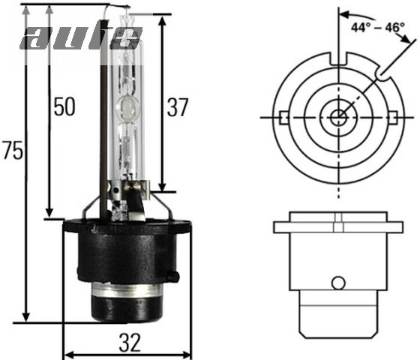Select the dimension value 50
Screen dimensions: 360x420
(64, 107)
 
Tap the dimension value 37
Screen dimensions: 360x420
(178, 107)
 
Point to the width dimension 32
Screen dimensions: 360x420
(128, 343)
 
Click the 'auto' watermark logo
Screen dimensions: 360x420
(80, 36)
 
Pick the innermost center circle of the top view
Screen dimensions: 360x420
(339, 117)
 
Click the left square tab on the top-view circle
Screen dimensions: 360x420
(283, 118)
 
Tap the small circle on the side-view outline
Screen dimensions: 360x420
(339, 283)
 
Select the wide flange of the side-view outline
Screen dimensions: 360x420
(339, 226)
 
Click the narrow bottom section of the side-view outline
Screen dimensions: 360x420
(339, 315)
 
